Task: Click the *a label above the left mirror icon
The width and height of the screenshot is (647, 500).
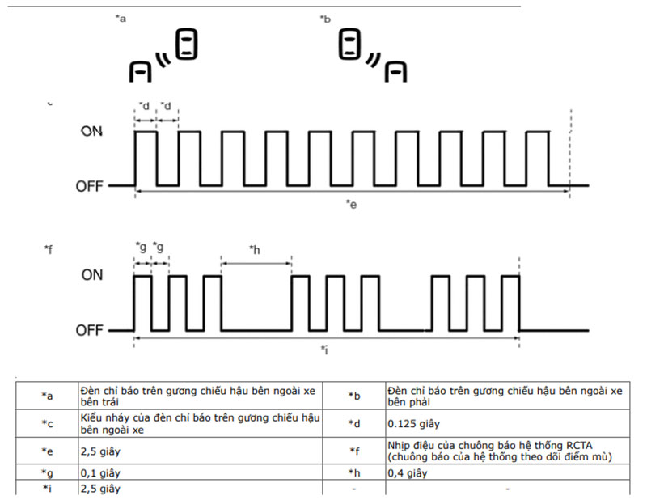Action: coord(121,18)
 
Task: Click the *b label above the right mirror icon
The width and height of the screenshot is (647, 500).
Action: coord(326,18)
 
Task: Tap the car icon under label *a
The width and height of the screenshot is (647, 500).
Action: coord(187,44)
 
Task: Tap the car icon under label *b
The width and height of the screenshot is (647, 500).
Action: coord(349,44)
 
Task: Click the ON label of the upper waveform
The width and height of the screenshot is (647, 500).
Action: coord(91,131)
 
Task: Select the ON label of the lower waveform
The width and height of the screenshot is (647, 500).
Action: coord(91,275)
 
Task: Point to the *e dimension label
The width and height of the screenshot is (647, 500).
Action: coord(351,204)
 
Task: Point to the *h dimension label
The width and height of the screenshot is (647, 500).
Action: coord(255,249)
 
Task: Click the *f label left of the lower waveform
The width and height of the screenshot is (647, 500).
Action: coord(48,249)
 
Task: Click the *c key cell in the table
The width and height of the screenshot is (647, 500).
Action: coord(47,423)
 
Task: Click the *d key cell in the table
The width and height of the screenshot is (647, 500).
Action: coord(353,423)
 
